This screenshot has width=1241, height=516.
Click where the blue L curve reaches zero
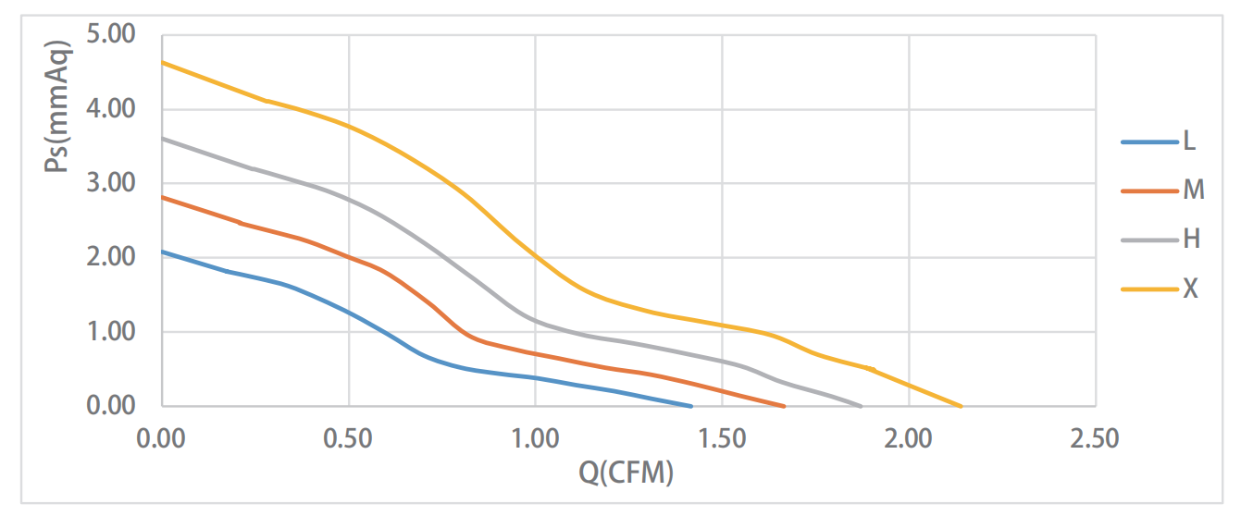tap(691, 406)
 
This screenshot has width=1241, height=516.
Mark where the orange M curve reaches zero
tap(785, 406)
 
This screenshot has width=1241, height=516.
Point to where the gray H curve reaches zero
tap(862, 406)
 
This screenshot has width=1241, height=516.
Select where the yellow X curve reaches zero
tap(962, 406)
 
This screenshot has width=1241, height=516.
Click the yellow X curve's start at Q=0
tap(162, 63)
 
